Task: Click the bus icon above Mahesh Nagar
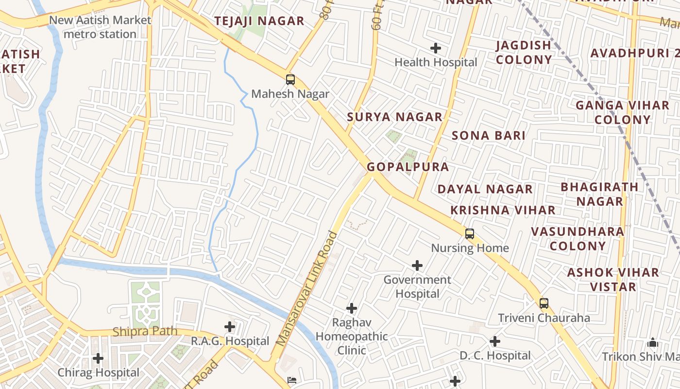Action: tap(290, 80)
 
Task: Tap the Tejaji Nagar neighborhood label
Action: tap(259, 21)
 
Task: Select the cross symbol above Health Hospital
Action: tap(436, 48)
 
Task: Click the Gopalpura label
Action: tap(408, 167)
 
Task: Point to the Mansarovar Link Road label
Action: tap(306, 289)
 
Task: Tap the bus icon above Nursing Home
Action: tap(469, 234)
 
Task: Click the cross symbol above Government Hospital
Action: tap(417, 265)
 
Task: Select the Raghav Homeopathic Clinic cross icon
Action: tap(352, 308)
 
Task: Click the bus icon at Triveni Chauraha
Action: tap(544, 303)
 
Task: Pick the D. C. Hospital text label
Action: tap(495, 355)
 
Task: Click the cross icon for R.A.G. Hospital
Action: tap(230, 327)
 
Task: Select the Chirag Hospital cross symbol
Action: tap(98, 358)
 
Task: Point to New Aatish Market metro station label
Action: tap(100, 27)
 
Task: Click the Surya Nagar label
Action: tap(394, 117)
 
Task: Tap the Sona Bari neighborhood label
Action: tap(488, 135)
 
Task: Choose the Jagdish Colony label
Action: tap(524, 52)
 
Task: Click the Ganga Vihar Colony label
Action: tap(622, 112)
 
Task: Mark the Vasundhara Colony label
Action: tap(578, 239)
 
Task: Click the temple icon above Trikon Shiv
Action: tap(653, 342)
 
